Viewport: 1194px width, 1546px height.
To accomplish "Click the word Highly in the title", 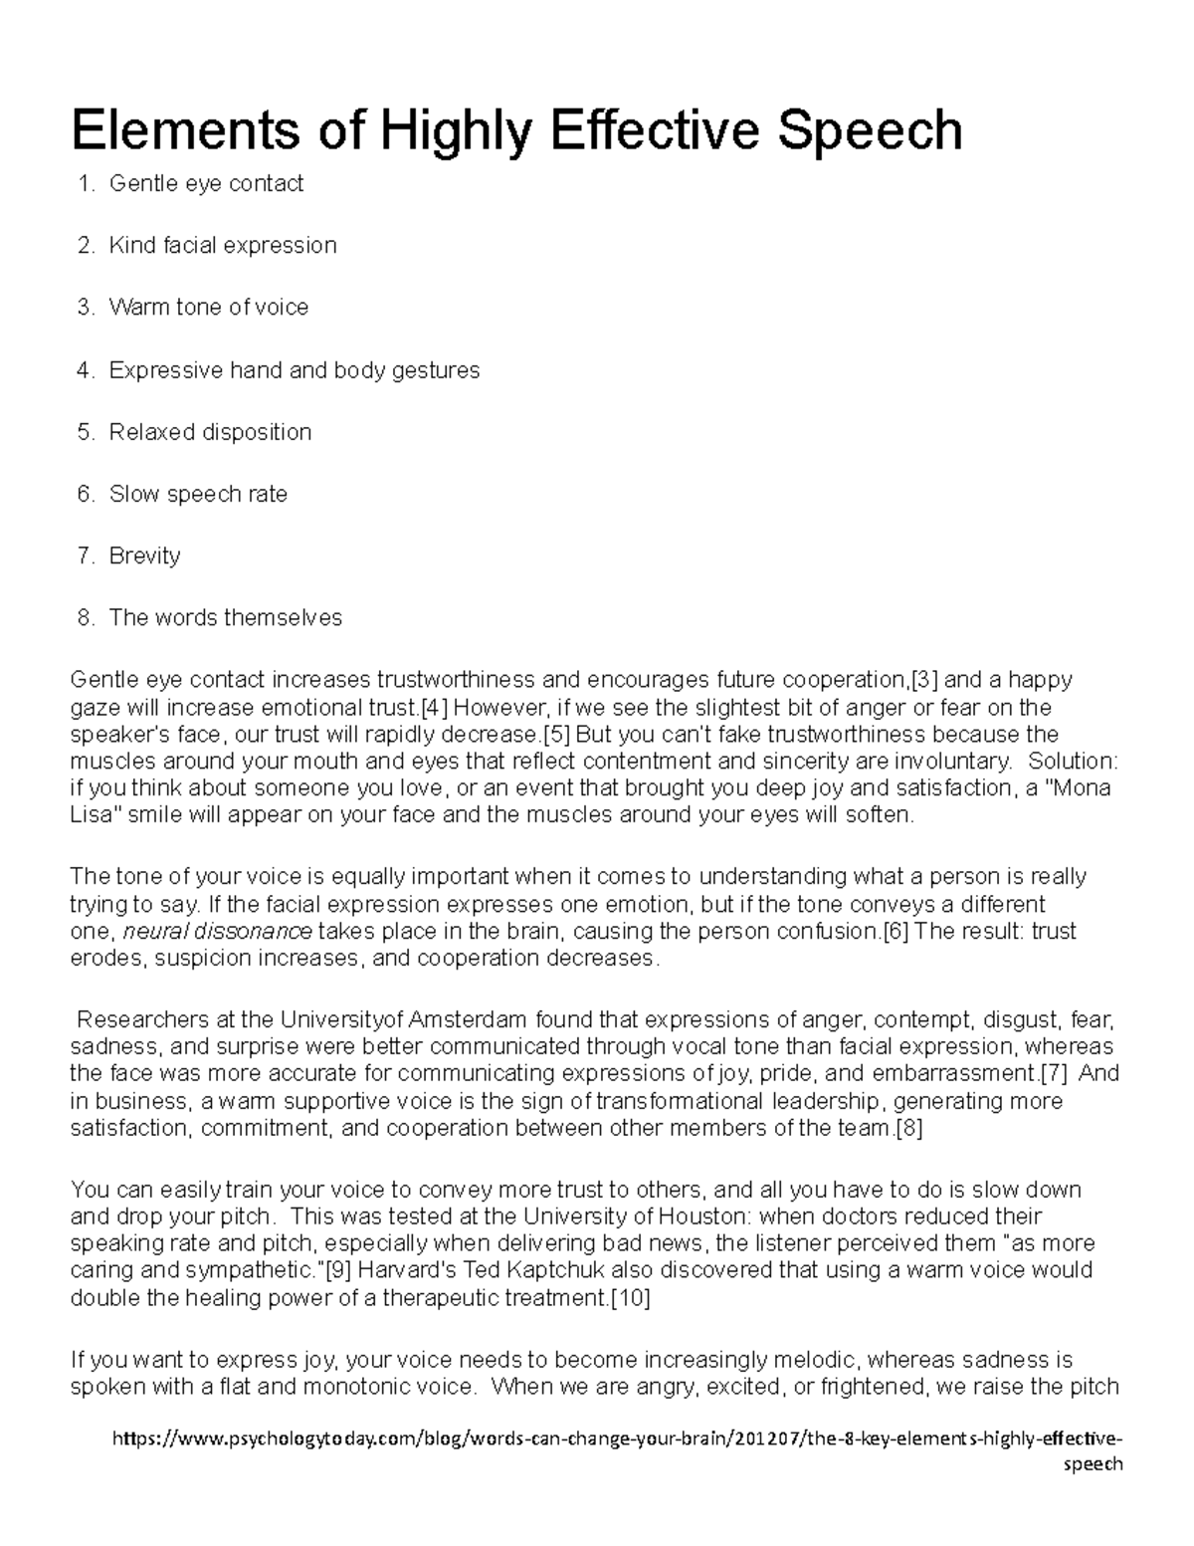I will point(468,130).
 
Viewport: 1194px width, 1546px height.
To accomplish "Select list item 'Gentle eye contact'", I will point(206,183).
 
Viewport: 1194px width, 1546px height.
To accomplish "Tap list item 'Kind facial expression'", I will point(223,245).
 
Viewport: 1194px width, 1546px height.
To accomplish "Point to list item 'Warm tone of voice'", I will point(209,307).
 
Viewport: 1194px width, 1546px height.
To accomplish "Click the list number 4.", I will point(84,370).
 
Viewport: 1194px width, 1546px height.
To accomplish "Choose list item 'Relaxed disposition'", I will point(210,432).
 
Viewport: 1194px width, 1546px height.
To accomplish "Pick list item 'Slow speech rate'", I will point(198,494).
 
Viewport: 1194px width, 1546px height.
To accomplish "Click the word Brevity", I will point(144,555).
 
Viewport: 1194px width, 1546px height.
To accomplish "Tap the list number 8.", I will point(84,617).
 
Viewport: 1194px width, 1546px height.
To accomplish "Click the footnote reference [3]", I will point(925,680).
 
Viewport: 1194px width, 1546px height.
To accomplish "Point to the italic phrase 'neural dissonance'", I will point(218,932).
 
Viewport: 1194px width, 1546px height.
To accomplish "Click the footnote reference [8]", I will point(909,1128).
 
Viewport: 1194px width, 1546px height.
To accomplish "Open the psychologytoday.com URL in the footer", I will point(617,1439).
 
